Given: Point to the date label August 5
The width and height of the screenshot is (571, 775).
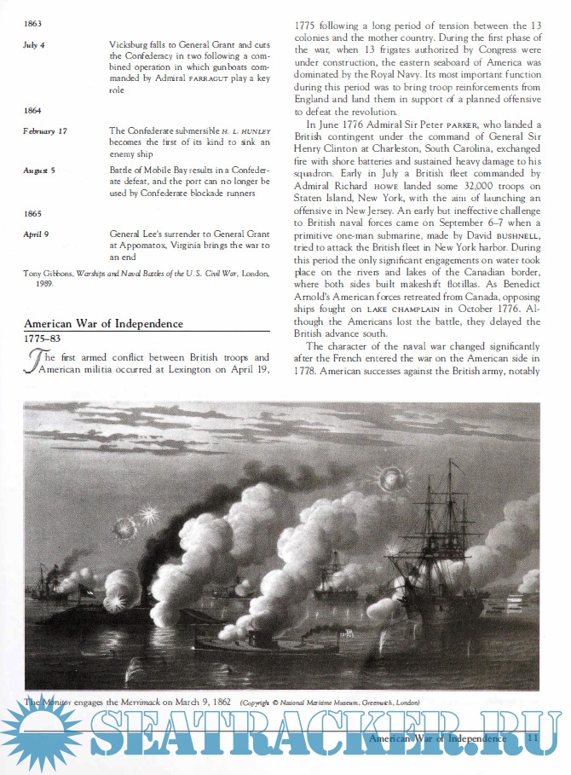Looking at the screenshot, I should click(39, 171).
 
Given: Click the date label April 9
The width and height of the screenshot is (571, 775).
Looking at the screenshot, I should click(36, 232).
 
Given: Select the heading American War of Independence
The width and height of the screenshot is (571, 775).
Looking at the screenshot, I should click(103, 324).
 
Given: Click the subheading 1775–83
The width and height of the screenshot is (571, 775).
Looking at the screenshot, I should click(42, 339).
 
